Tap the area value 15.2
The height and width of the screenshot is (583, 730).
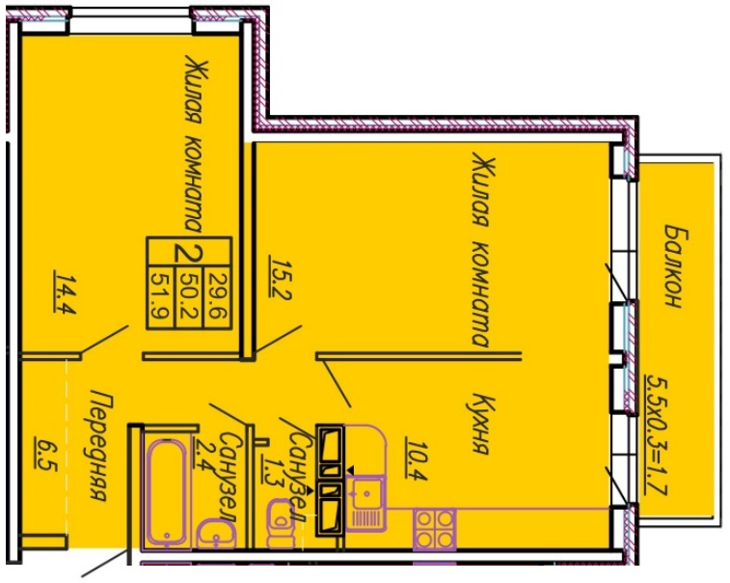coord(280,276)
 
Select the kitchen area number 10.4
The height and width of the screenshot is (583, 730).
coord(413,458)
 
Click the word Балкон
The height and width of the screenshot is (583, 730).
coord(675,266)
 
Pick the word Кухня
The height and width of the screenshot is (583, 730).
coord(481,425)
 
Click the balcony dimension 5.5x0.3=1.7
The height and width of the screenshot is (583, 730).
coord(657,436)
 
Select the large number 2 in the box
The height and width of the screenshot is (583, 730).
coord(188,255)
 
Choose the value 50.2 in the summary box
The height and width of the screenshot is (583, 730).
coord(190,297)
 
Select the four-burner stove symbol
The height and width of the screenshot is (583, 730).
coord(434,528)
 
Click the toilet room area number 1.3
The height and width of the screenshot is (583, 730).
coord(270,471)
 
